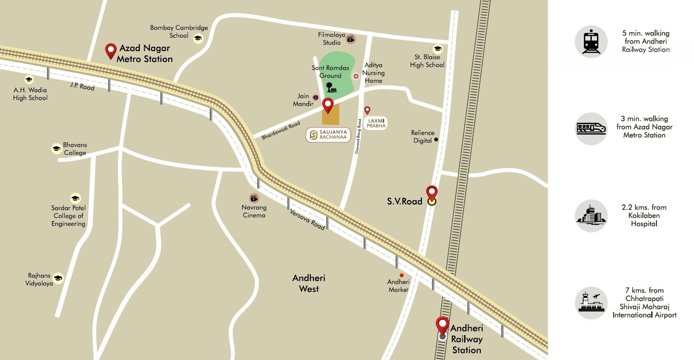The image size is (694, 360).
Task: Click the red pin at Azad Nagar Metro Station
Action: pos(111,50)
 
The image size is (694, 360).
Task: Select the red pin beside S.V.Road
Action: pos(432,194)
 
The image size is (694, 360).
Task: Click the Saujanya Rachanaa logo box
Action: pos(328,135)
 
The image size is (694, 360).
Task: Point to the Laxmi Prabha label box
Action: pos(376,123)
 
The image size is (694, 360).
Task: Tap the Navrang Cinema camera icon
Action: pos(254,198)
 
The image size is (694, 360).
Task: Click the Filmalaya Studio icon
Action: pos(350,39)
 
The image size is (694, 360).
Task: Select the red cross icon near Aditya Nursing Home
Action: pos(356,76)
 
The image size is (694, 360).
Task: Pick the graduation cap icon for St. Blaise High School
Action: pos(437,48)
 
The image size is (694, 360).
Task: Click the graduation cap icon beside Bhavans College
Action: pos(56,149)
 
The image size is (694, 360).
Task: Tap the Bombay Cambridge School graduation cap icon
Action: pos(198,38)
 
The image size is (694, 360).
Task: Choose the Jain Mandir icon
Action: pos(316,98)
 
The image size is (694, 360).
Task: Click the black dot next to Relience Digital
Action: pos(436,140)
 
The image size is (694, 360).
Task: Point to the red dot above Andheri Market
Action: pos(402,275)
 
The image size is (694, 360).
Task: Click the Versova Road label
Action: pos(307,219)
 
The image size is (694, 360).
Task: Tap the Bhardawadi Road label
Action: pos(281,131)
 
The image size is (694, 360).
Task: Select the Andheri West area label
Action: pos(309,283)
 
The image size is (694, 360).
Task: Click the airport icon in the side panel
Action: pos(591,303)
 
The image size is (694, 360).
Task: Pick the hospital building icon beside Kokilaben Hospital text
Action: pos(591,216)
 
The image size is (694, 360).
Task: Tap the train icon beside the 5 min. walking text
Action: pos(591,42)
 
